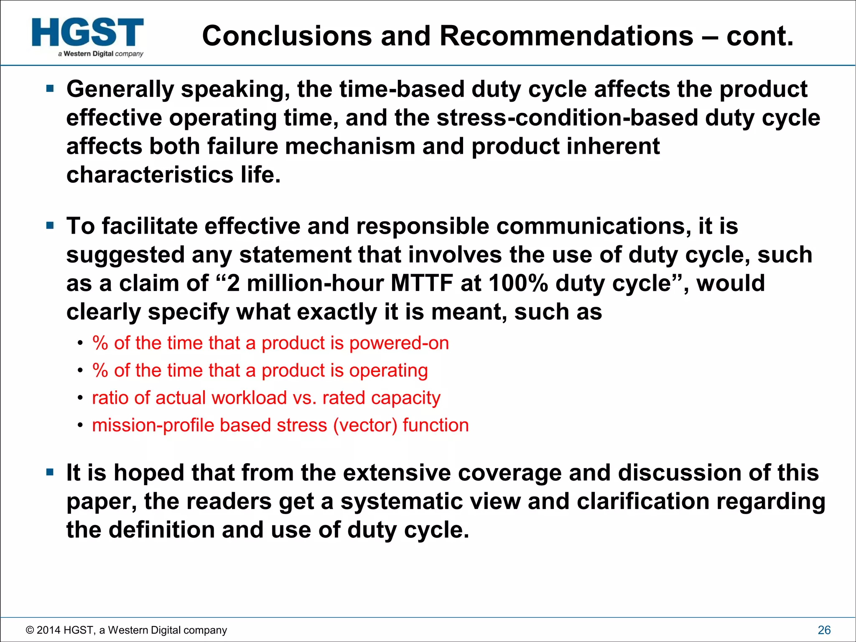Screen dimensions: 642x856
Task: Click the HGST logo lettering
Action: tap(88, 32)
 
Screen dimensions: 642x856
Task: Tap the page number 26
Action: tap(824, 630)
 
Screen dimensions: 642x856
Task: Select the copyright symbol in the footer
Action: tap(30, 630)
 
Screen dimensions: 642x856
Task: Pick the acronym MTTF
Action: tap(422, 283)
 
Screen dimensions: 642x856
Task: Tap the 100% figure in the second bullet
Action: tap(518, 283)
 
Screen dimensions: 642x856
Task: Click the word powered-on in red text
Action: tap(399, 343)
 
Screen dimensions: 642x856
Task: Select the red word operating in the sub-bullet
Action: tap(388, 371)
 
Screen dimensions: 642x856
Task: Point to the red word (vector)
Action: tap(365, 425)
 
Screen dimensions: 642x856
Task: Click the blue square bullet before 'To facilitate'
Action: tap(50, 226)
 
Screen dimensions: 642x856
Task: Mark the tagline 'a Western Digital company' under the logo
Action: tap(101, 54)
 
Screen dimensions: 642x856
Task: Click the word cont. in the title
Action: tap(759, 36)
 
